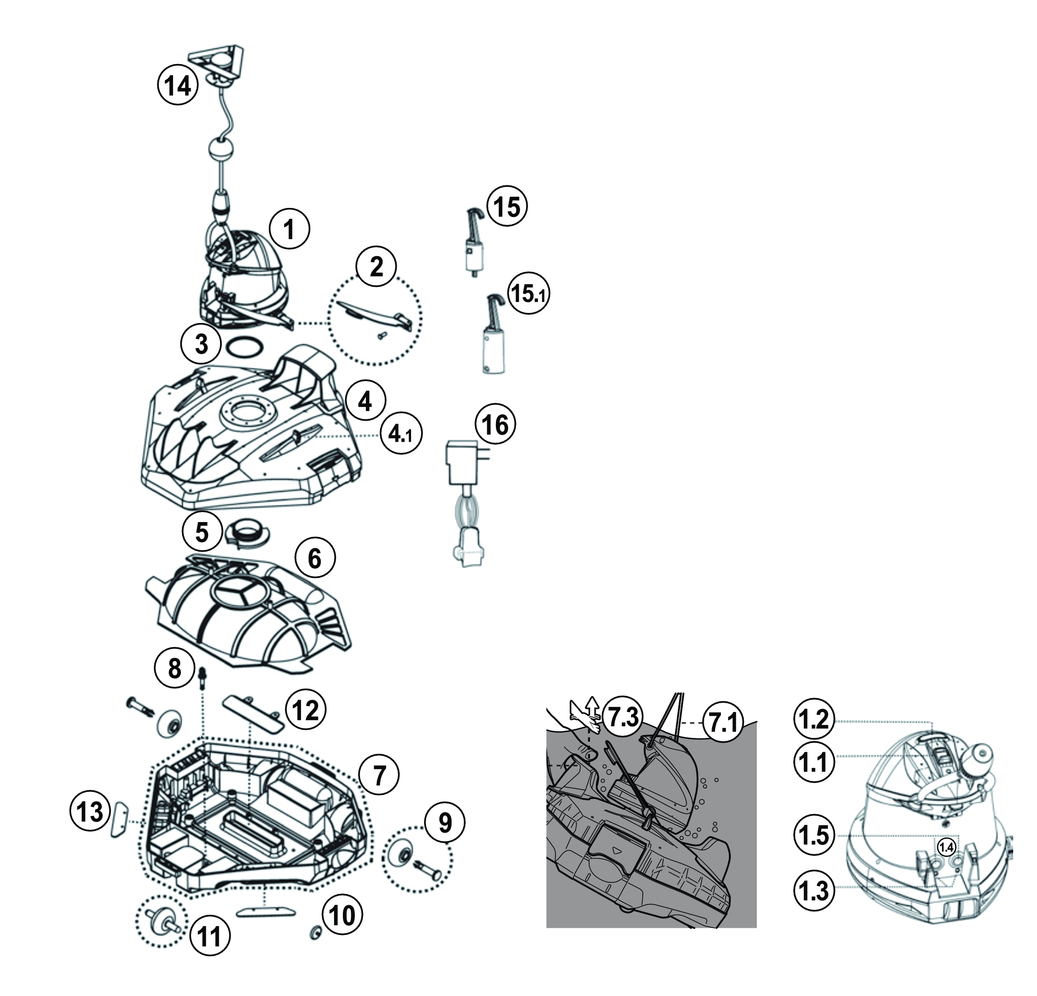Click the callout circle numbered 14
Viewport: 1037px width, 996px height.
pos(178,85)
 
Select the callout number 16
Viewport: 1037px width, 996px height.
pos(495,425)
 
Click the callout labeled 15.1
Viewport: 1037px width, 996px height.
pos(529,294)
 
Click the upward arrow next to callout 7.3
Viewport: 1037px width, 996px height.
pos(593,709)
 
